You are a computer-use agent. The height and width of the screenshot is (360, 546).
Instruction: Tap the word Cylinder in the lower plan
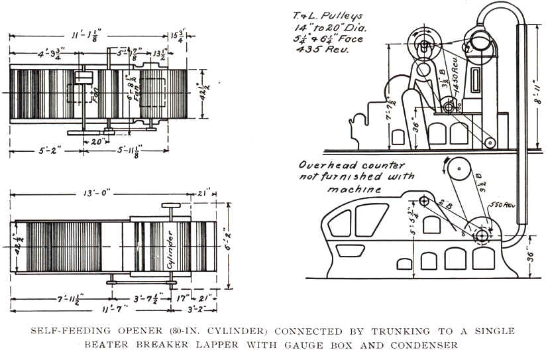click(x=170, y=246)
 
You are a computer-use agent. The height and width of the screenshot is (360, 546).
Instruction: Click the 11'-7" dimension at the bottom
click(x=89, y=310)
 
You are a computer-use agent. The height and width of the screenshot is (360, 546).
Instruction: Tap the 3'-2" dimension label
click(x=196, y=310)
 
